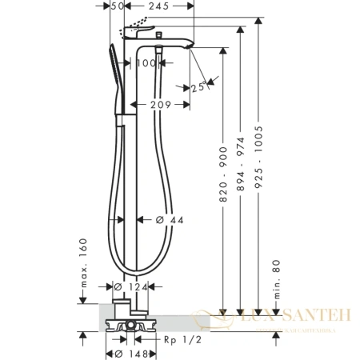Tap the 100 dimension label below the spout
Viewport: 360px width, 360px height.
[x=146, y=64]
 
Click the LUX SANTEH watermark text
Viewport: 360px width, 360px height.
[x=309, y=316]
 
